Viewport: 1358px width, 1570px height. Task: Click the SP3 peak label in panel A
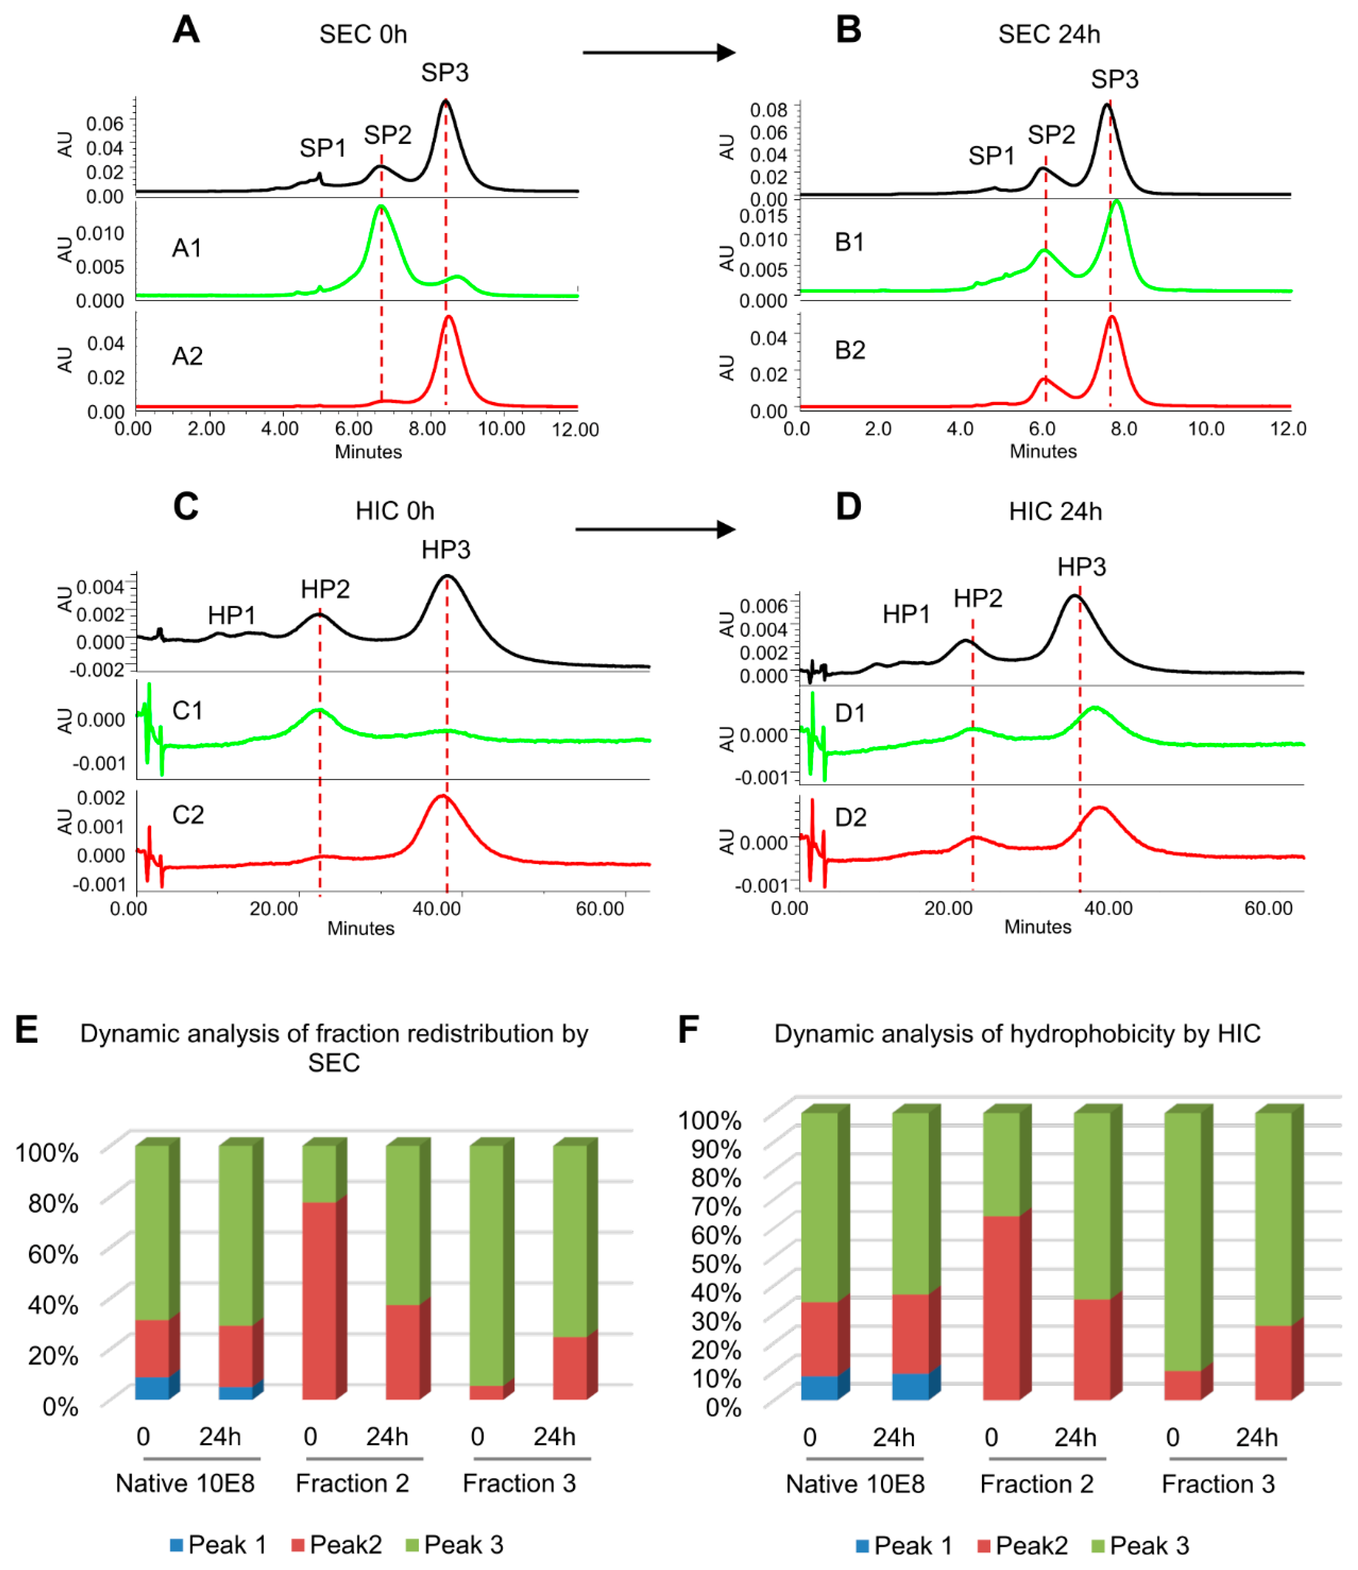click(x=445, y=73)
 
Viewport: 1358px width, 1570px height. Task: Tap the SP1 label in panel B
click(x=991, y=156)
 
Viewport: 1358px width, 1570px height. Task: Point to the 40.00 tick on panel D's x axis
click(x=1108, y=908)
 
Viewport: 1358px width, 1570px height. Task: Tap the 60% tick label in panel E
click(x=53, y=1254)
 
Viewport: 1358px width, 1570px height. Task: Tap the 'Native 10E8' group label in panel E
click(x=185, y=1483)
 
